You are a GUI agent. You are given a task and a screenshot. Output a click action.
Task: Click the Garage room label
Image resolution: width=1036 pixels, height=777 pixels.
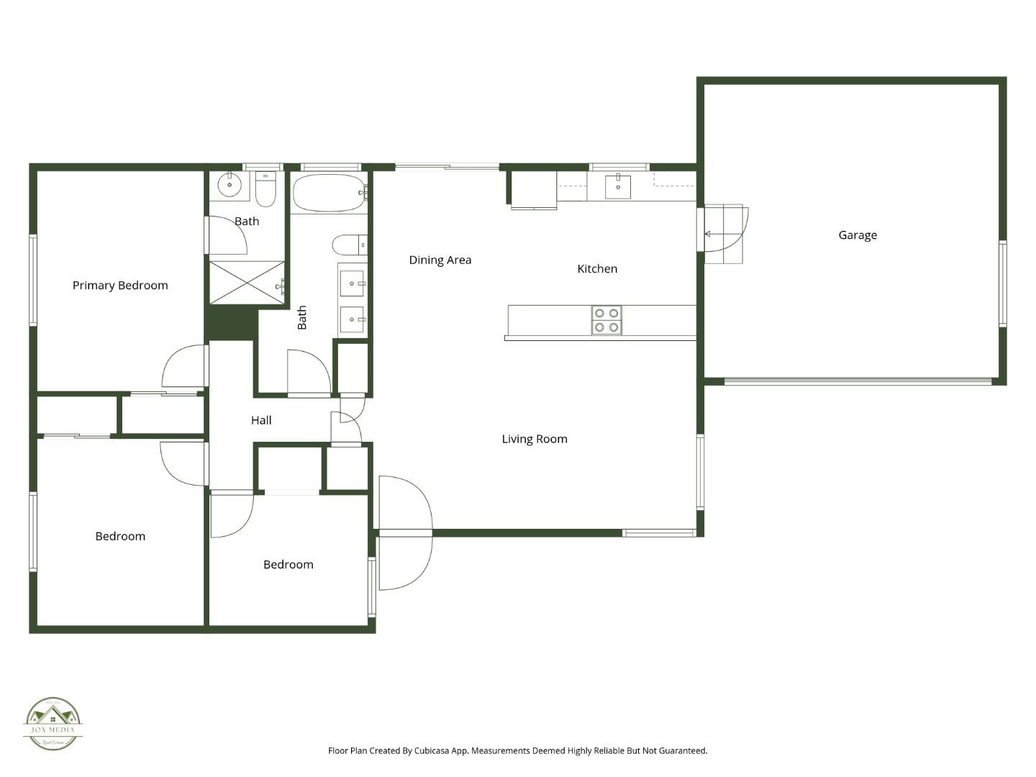(x=858, y=235)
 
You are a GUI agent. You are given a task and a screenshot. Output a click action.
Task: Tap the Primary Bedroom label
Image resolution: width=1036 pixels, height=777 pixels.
(x=120, y=286)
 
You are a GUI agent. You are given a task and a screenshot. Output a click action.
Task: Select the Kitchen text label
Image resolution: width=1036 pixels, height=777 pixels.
(x=597, y=269)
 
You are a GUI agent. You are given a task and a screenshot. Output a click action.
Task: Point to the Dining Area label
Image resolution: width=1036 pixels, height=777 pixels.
(x=440, y=260)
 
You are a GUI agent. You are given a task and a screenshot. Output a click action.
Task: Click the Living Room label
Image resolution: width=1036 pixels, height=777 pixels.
(x=535, y=439)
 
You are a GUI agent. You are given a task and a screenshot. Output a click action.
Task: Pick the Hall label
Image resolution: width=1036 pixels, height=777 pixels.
(x=261, y=420)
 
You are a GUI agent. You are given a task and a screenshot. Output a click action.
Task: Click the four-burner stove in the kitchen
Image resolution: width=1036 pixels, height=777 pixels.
(x=606, y=320)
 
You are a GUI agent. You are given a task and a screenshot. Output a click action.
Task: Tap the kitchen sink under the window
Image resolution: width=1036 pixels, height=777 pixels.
(x=617, y=186)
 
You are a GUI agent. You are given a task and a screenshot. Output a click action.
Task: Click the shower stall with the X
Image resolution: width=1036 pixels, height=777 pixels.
(x=247, y=282)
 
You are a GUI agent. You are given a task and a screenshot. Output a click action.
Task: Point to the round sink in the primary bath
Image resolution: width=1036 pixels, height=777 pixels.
(x=230, y=186)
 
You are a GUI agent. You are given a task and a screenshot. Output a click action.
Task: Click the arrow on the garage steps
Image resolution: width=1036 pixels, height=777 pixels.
(x=709, y=234)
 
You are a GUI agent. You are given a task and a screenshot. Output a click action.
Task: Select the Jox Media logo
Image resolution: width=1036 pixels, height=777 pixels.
(x=53, y=724)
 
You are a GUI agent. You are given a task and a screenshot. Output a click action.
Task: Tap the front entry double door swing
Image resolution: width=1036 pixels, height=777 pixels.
(x=404, y=533)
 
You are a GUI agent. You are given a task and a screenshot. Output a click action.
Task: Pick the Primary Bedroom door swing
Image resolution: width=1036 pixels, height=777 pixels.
(x=185, y=367)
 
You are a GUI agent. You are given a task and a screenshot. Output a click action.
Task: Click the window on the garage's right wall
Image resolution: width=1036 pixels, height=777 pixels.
(x=1002, y=284)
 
